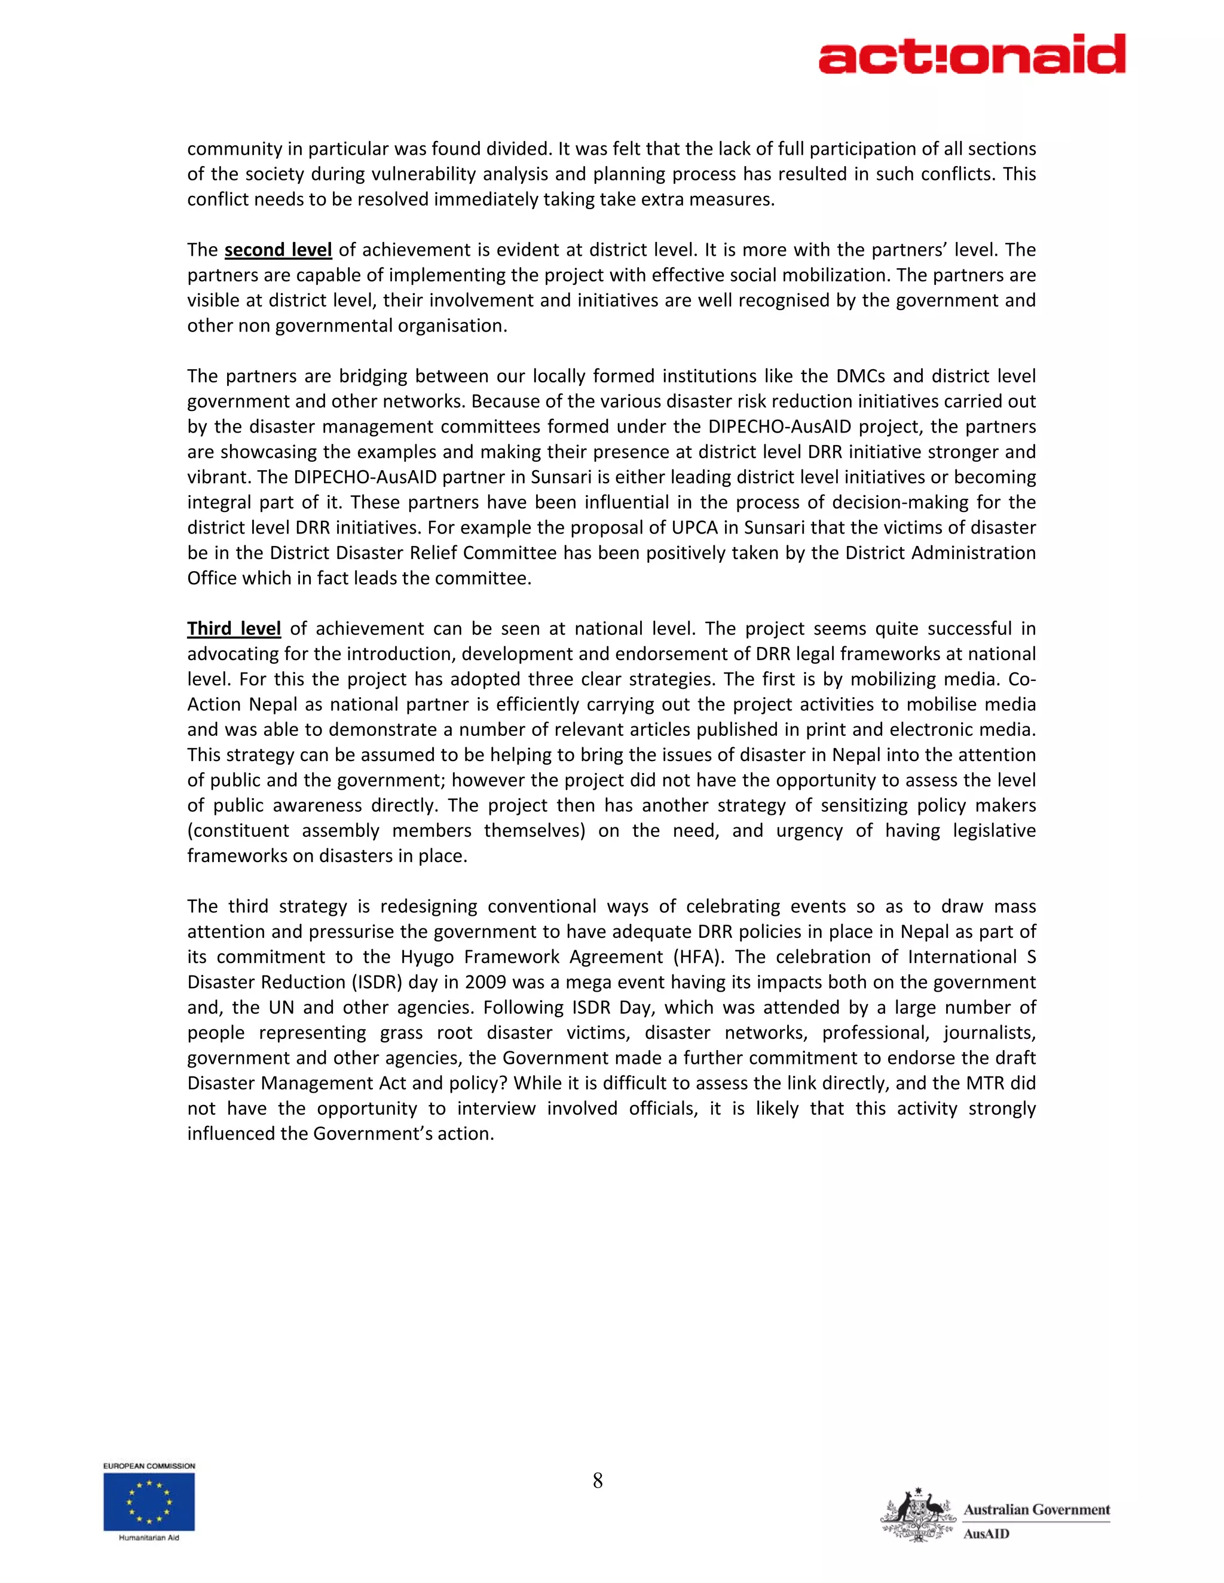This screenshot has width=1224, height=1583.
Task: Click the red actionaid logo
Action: pyautogui.click(x=972, y=54)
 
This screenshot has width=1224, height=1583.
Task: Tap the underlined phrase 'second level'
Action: pyautogui.click(x=278, y=250)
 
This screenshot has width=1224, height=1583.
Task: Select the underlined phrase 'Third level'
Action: pyautogui.click(x=234, y=628)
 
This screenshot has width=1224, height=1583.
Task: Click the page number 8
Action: pyautogui.click(x=598, y=1481)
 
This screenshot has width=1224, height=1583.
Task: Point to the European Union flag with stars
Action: pyautogui.click(x=149, y=1502)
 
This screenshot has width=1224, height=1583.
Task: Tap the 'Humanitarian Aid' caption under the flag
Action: pyautogui.click(x=149, y=1538)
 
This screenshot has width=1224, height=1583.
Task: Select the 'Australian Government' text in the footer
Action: pyautogui.click(x=1036, y=1510)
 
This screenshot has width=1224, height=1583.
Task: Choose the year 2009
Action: pyautogui.click(x=485, y=982)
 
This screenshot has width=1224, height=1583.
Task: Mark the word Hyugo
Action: pyautogui.click(x=428, y=957)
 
